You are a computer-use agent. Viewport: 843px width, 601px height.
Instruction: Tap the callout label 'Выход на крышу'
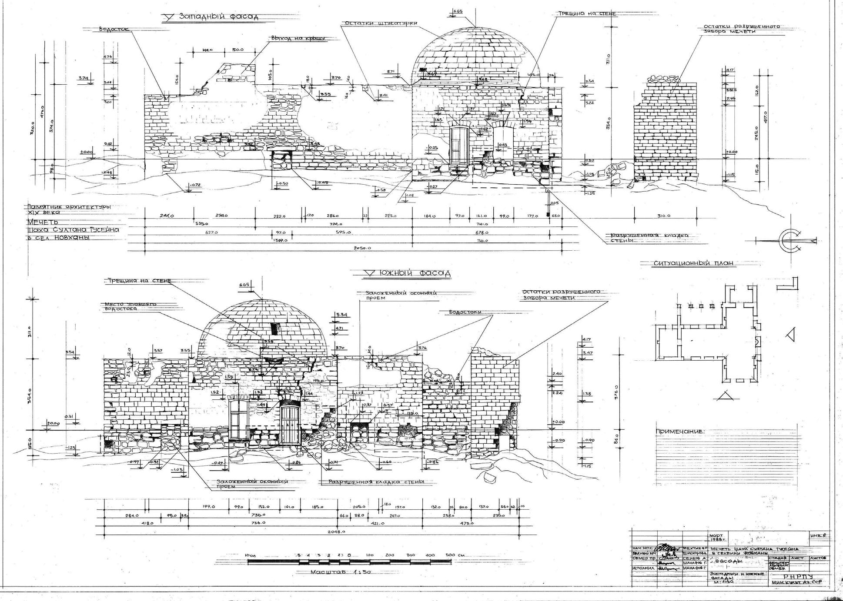pyautogui.click(x=298, y=38)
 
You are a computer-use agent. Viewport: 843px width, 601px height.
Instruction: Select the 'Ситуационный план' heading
pyautogui.click(x=693, y=263)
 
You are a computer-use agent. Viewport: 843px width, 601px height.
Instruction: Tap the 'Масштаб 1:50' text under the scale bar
pyautogui.click(x=340, y=572)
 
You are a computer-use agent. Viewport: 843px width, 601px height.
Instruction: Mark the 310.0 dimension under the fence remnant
pyautogui.click(x=663, y=216)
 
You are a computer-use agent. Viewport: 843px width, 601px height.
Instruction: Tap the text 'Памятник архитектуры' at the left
pyautogui.click(x=69, y=207)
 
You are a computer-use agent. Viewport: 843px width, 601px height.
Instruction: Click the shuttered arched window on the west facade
pyautogui.click(x=458, y=146)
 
